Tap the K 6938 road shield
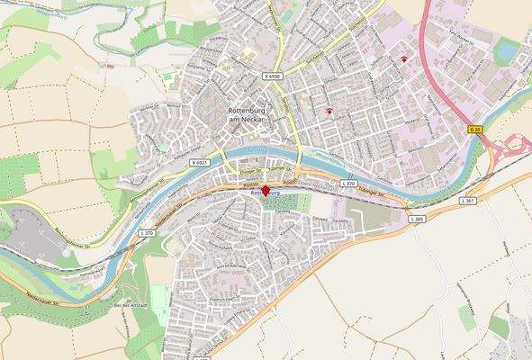pos(274,77)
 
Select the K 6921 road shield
pos(199,162)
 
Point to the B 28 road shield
pos(474,130)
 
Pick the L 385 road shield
pos(416,219)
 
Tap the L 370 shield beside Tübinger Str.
pos(348,184)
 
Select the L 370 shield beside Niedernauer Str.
pos(146,233)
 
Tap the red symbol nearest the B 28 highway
pos(404,59)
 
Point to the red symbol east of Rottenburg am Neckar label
pos(330,112)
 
